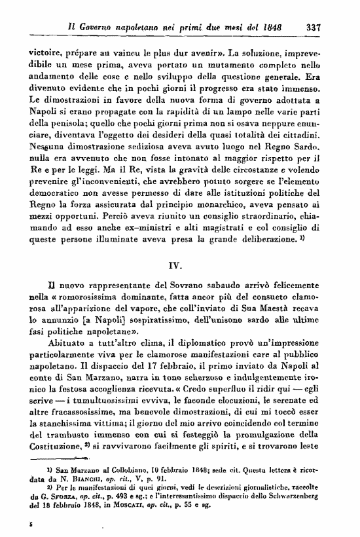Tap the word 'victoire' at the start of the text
tap(46, 48)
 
